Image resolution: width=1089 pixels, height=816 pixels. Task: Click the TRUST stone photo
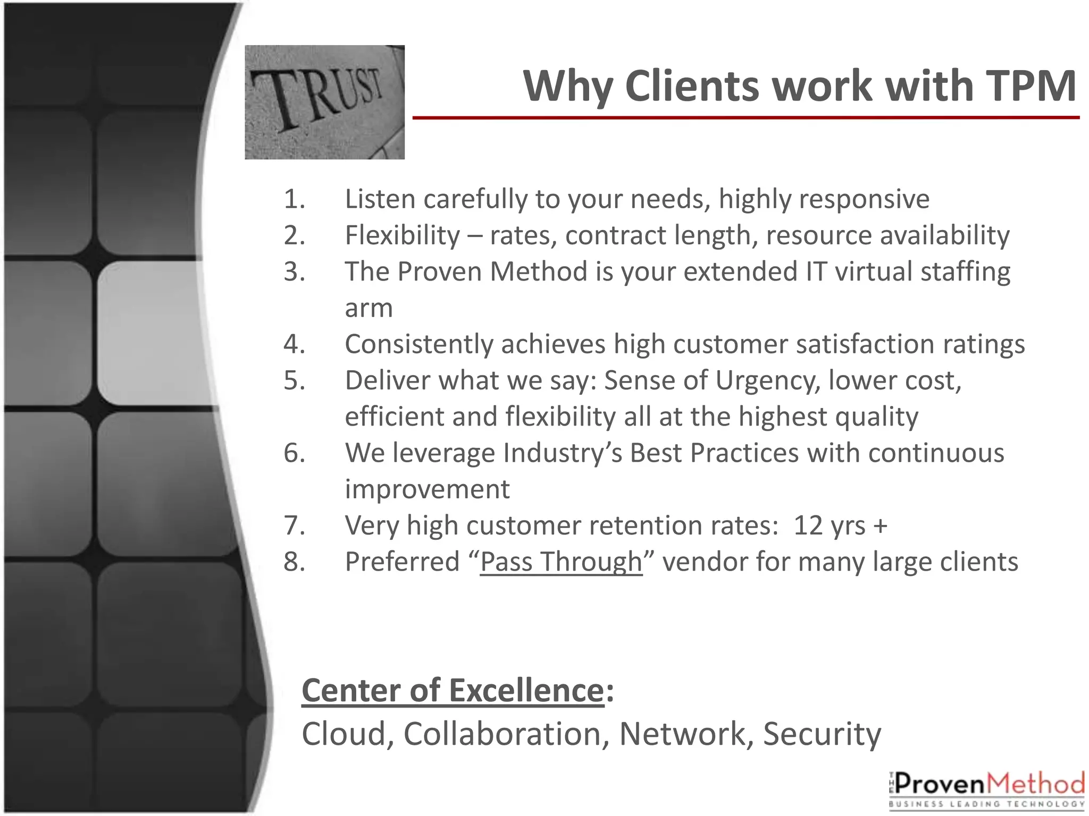pyautogui.click(x=324, y=102)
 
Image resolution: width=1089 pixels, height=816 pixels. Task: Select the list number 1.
pyautogui.click(x=294, y=199)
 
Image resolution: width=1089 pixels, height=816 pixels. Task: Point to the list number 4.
pyautogui.click(x=294, y=344)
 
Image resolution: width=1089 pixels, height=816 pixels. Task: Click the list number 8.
pyautogui.click(x=294, y=562)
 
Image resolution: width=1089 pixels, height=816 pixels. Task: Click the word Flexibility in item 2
pyautogui.click(x=403, y=235)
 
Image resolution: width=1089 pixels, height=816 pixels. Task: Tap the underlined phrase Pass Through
pyautogui.click(x=561, y=562)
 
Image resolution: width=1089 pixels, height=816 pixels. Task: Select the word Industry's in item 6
pyautogui.click(x=562, y=453)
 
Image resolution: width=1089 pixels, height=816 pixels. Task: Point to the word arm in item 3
pyautogui.click(x=368, y=308)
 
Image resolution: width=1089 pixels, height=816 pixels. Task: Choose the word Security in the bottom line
pyautogui.click(x=822, y=734)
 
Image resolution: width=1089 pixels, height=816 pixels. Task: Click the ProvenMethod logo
pyautogui.click(x=987, y=789)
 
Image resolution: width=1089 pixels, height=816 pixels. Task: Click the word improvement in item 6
pyautogui.click(x=427, y=489)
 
